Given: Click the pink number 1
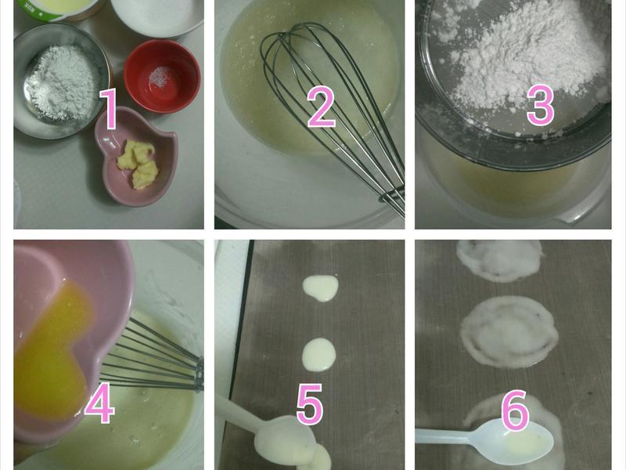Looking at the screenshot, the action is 108,109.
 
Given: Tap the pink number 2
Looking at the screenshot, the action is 321,107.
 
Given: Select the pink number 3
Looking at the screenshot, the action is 541,104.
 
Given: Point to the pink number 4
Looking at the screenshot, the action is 99,403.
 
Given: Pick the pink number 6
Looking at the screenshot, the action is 515,410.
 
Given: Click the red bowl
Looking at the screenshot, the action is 162,76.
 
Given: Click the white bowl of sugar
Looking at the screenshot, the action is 157,16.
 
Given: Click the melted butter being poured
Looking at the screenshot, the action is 51,351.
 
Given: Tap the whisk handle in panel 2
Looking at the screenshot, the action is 394,203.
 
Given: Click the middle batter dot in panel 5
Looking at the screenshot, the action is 318,355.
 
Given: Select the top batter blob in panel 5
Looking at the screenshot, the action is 321,287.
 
